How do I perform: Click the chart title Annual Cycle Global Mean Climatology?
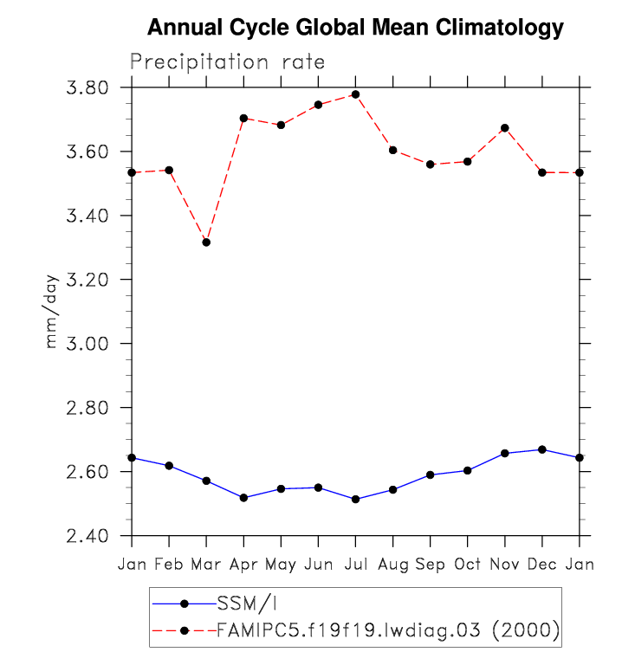click(355, 28)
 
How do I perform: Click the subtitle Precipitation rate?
click(228, 62)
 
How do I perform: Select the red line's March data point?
click(206, 242)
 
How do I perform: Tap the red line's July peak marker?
click(355, 94)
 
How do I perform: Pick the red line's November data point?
click(505, 128)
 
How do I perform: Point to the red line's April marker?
click(243, 118)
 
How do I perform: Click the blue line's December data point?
click(542, 449)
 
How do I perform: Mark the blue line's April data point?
click(243, 498)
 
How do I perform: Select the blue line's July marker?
click(355, 499)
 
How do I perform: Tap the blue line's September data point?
click(431, 475)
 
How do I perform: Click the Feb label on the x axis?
click(169, 565)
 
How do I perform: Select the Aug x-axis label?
click(392, 565)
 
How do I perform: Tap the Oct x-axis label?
click(468, 565)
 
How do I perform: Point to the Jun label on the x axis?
click(318, 565)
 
